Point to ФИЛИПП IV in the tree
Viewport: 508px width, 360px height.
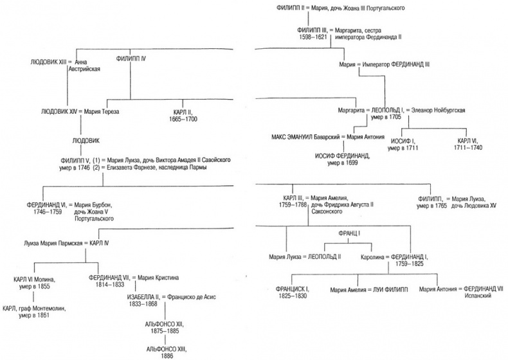(131, 59)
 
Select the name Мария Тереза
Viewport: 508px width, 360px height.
(103, 111)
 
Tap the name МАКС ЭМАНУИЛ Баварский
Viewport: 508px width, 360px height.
(306, 137)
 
